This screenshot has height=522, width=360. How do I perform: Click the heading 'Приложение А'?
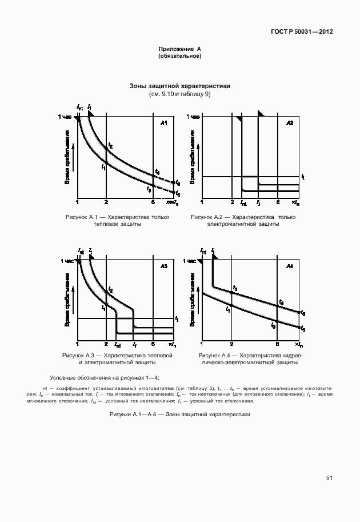pyautogui.click(x=180, y=49)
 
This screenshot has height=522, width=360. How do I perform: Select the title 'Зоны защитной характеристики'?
pyautogui.click(x=180, y=86)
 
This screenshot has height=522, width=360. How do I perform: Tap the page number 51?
pyautogui.click(x=329, y=477)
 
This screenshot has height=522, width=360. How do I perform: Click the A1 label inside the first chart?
pyautogui.click(x=163, y=123)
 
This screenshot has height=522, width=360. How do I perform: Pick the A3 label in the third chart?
pyautogui.click(x=163, y=266)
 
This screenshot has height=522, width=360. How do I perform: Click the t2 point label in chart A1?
pyautogui.click(x=110, y=146)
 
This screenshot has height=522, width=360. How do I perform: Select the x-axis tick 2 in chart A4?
pyautogui.click(x=231, y=345)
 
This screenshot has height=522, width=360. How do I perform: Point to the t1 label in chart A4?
pyautogui.click(x=228, y=309)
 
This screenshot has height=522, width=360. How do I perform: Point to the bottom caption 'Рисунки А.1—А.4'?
pyautogui.click(x=180, y=414)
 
